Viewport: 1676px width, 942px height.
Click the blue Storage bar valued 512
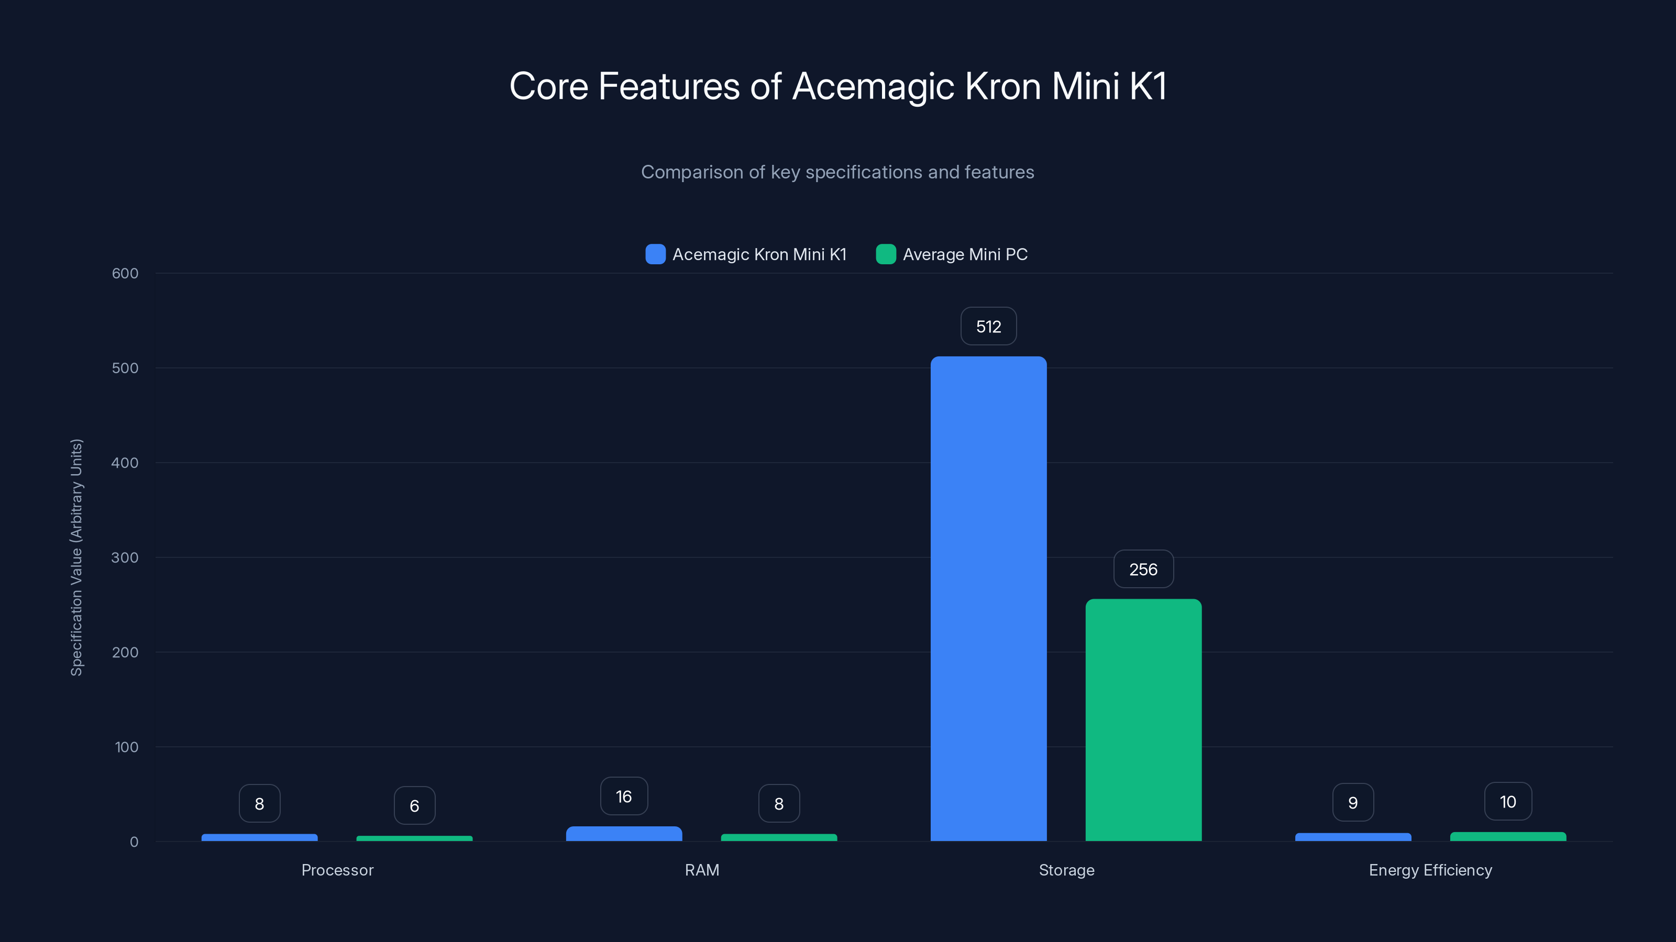tap(988, 598)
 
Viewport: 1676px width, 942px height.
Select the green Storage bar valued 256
tap(1143, 720)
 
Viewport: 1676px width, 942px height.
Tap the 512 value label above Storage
tap(988, 327)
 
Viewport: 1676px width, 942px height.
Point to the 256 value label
tap(1143, 569)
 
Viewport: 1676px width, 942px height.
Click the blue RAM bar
tap(624, 834)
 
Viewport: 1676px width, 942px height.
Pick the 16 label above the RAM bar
tap(624, 797)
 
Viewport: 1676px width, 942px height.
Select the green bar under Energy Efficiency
tap(1507, 837)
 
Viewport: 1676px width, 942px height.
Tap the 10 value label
tap(1507, 802)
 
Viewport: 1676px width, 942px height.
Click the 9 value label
tap(1353, 803)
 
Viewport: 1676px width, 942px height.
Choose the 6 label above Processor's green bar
tap(414, 806)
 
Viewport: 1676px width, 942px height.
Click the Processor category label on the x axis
tap(337, 870)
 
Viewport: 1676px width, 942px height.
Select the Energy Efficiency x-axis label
tap(1430, 870)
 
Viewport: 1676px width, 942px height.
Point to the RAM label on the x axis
tap(702, 870)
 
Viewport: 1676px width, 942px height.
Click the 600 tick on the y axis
tap(125, 274)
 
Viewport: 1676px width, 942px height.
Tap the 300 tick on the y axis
tap(125, 558)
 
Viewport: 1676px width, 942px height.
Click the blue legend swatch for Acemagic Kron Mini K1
tap(655, 254)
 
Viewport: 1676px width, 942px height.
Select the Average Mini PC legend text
tap(965, 254)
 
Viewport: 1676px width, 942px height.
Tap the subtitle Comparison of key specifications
tap(837, 172)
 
